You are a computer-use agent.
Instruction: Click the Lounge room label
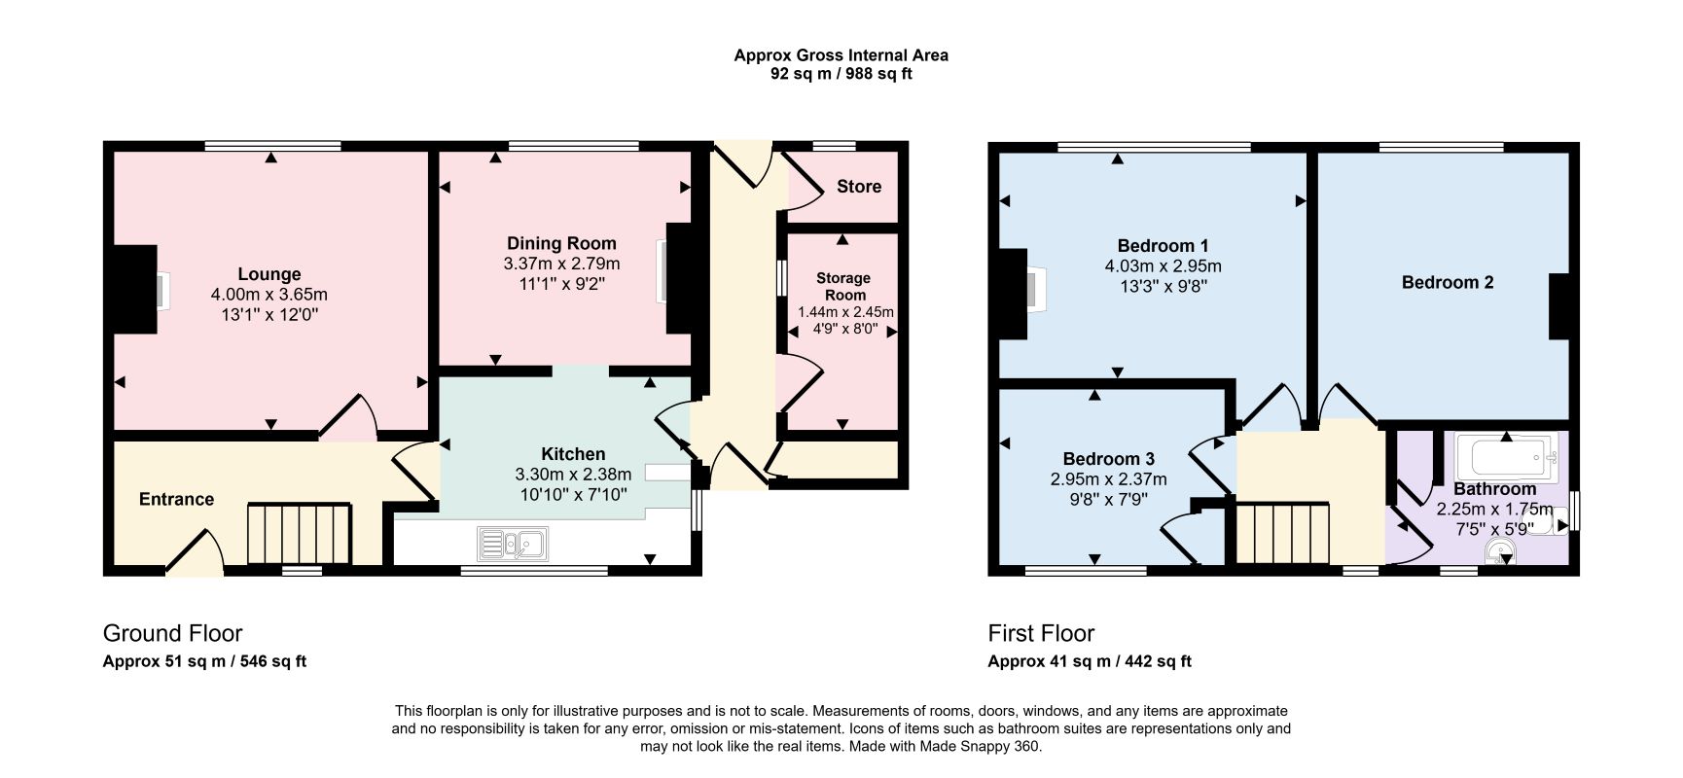[269, 274]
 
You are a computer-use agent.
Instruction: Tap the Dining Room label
[561, 243]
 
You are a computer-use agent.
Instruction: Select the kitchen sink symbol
[513, 543]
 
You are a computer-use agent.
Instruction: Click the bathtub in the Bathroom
[1507, 457]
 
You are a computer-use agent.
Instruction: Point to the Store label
[859, 186]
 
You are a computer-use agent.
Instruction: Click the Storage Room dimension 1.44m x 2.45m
[845, 312]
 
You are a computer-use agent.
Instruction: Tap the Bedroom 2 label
[1448, 282]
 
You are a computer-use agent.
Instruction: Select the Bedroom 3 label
[1109, 458]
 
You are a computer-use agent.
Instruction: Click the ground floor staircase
[298, 533]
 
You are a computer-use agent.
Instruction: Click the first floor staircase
[1282, 533]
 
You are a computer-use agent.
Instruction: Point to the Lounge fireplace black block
[136, 290]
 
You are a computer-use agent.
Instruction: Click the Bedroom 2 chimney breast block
[1558, 306]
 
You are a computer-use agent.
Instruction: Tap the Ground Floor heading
[172, 633]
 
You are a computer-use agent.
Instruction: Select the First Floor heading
[1041, 633]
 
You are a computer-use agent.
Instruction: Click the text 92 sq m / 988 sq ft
[841, 74]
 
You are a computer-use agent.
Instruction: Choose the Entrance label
[176, 499]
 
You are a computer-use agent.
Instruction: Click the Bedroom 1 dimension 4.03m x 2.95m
[1164, 265]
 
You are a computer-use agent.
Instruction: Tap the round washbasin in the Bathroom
[1501, 553]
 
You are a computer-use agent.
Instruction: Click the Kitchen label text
[573, 454]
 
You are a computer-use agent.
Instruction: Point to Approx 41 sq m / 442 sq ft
[1090, 661]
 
